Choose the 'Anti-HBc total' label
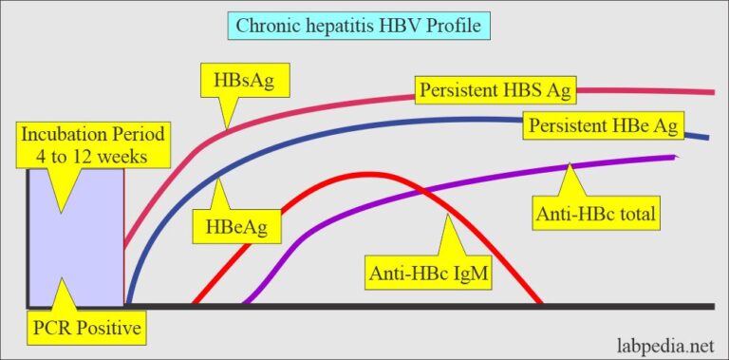(597, 217)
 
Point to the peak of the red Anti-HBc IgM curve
(365, 174)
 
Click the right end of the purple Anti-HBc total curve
(676, 157)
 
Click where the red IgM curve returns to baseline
(541, 304)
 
